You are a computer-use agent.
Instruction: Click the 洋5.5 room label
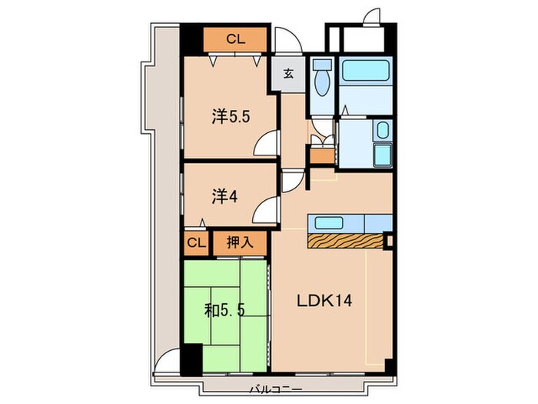(x=231, y=117)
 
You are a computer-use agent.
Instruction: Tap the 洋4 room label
(x=224, y=197)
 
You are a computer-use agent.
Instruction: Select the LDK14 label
(x=324, y=301)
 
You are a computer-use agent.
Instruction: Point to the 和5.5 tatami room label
(x=224, y=311)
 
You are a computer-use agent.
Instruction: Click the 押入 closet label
(x=240, y=243)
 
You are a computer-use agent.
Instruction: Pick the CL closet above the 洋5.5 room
(x=235, y=39)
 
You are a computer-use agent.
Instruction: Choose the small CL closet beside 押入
(x=196, y=243)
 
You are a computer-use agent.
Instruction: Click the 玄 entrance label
(x=288, y=74)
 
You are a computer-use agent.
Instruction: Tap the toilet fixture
(x=323, y=78)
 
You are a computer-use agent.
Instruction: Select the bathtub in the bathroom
(x=365, y=71)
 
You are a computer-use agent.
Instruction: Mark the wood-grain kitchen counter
(x=345, y=241)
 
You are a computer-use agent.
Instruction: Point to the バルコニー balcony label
(x=276, y=389)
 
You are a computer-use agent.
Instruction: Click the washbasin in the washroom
(x=383, y=130)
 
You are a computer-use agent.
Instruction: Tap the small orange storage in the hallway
(x=322, y=156)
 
